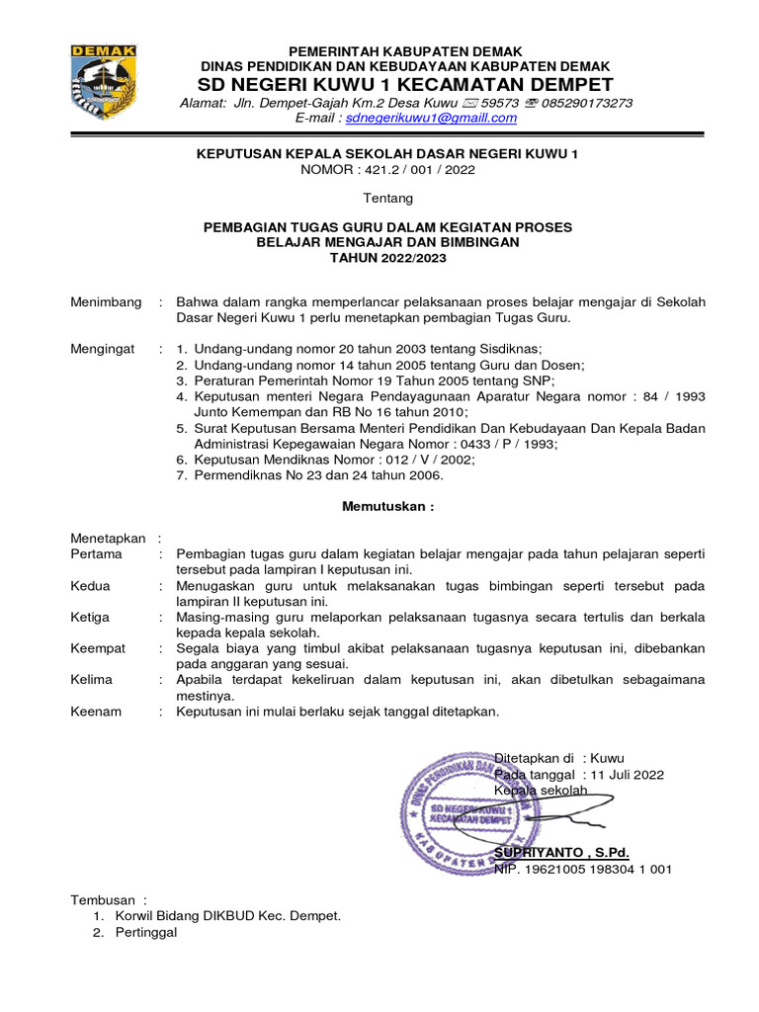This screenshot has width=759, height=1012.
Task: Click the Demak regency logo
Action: coord(103,83)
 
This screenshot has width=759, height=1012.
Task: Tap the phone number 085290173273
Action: coord(586,103)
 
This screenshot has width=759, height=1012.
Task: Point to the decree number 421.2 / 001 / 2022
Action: coord(416,170)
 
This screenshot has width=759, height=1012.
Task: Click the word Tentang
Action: coord(387,199)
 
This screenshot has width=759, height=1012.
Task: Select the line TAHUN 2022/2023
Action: coord(387,259)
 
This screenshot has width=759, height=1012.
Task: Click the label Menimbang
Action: coord(106,302)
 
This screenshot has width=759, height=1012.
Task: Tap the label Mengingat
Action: coord(103,349)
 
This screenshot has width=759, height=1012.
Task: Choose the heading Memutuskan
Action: coord(387,507)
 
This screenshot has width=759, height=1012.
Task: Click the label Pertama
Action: coord(97,554)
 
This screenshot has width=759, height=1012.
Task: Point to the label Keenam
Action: coord(95,711)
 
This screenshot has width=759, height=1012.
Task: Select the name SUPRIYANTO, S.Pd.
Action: coord(561,852)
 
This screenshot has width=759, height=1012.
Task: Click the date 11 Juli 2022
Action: coord(627,774)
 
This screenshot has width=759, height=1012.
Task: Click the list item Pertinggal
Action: coord(146,932)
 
